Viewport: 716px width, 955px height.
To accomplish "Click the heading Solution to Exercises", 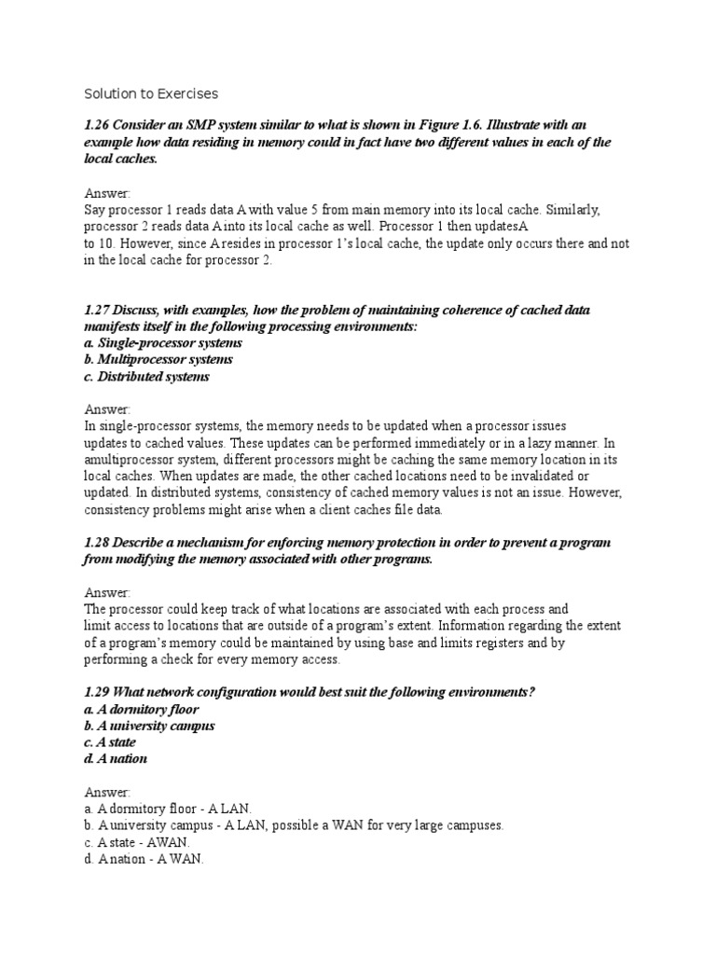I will tap(151, 93).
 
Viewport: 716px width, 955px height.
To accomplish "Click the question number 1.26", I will tap(98, 125).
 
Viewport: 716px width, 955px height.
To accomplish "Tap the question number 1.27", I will tap(98, 310).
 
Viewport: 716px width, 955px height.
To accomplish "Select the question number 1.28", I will tap(98, 543).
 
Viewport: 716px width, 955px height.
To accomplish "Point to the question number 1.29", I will tap(98, 691).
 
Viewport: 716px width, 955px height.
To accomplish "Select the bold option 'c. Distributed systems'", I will tap(146, 377).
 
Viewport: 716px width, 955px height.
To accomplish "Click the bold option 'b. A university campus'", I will tap(149, 726).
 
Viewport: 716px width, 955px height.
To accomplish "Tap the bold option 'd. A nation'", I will tap(116, 759).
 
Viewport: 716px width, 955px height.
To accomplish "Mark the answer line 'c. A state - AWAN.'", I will tap(136, 842).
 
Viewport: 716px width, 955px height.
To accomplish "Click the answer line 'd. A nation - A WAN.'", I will tap(144, 859).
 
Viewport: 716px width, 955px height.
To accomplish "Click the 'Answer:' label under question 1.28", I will tap(108, 593).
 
